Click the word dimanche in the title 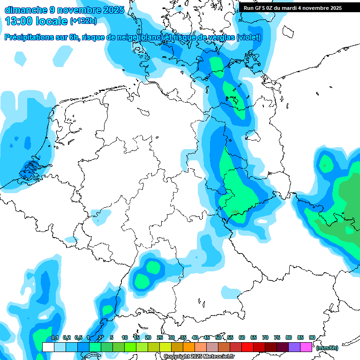click(23, 9)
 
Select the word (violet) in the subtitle click(248, 37)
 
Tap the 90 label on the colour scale click(312, 337)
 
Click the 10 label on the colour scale click(125, 337)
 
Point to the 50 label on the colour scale click(218, 337)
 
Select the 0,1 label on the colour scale click(54, 337)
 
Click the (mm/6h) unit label click(327, 348)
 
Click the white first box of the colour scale click(48, 347)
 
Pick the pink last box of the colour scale click(306, 347)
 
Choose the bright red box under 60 click(247, 347)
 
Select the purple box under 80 click(294, 347)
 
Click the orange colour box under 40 click(201, 347)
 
